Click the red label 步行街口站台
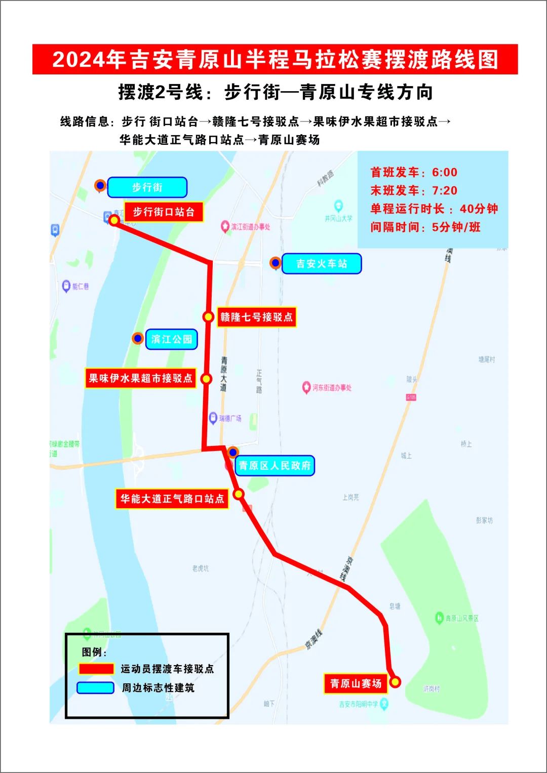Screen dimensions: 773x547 [163, 212]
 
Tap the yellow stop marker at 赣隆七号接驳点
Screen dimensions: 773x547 [208, 317]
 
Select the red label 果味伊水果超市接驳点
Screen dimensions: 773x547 [140, 378]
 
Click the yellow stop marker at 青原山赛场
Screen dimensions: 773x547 [395, 682]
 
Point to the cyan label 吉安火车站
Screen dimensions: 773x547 [321, 264]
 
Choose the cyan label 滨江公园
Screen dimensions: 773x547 [171, 339]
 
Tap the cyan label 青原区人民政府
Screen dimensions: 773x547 [275, 466]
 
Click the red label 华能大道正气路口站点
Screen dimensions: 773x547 [172, 499]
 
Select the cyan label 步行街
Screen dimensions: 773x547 [147, 187]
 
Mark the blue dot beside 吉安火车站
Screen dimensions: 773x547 [276, 263]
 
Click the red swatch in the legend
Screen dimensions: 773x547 [96, 669]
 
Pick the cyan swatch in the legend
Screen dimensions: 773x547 [95, 687]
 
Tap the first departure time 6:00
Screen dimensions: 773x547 [444, 173]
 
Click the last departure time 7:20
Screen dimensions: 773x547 [444, 191]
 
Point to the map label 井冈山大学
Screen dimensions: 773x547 [339, 218]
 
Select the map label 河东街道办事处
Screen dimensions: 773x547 [331, 388]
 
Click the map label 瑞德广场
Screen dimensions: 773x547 [230, 419]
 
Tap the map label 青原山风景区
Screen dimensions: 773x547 [461, 618]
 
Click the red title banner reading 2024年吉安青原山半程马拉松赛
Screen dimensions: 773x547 [275, 59]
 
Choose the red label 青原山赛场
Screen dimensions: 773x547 [356, 683]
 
